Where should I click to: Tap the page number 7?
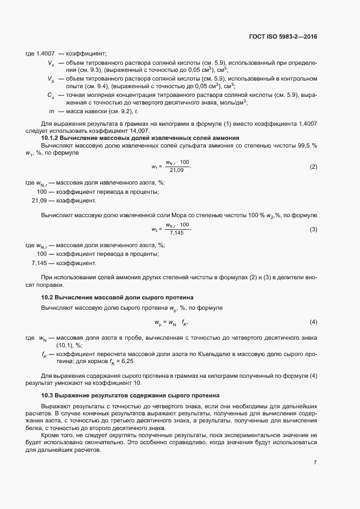(315, 463)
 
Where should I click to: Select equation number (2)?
(313, 166)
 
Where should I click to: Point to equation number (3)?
(313, 230)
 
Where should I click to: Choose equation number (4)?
(313, 322)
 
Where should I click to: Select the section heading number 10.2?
(48, 297)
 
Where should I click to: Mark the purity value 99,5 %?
(305, 146)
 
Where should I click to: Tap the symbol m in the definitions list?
(51, 111)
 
